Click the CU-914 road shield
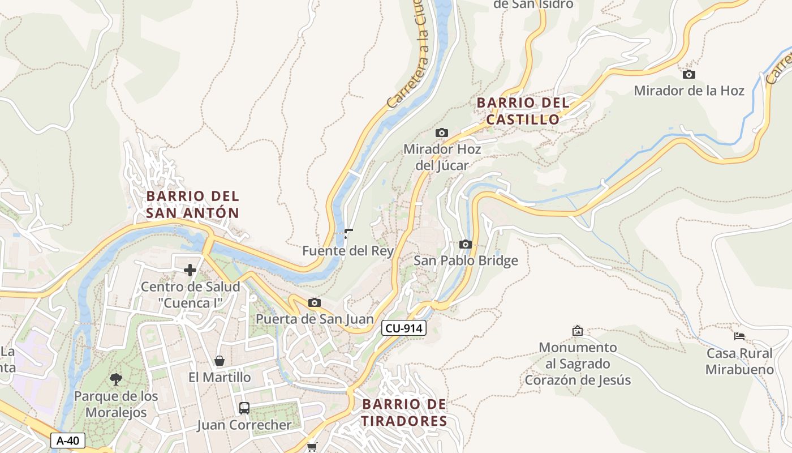pos(403,328)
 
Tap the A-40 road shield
pos(68,441)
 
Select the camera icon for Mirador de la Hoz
pos(688,74)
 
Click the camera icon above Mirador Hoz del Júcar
pos(442,133)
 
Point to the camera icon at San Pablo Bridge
pos(466,244)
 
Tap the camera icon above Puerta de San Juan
pos(315,302)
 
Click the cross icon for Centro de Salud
pos(190,270)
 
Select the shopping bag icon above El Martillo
pos(219,361)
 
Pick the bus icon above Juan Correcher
pos(244,408)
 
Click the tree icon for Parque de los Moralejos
pos(116,379)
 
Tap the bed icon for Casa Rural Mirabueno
pos(739,336)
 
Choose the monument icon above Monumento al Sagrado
pos(578,330)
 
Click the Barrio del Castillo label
pos(523,111)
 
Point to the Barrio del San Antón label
pos(192,204)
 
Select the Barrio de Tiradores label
pos(404,413)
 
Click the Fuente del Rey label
pos(348,251)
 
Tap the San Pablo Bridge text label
pos(466,260)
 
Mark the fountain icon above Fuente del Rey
pos(348,233)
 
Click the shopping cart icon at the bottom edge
pos(312,447)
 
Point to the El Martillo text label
pos(219,377)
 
